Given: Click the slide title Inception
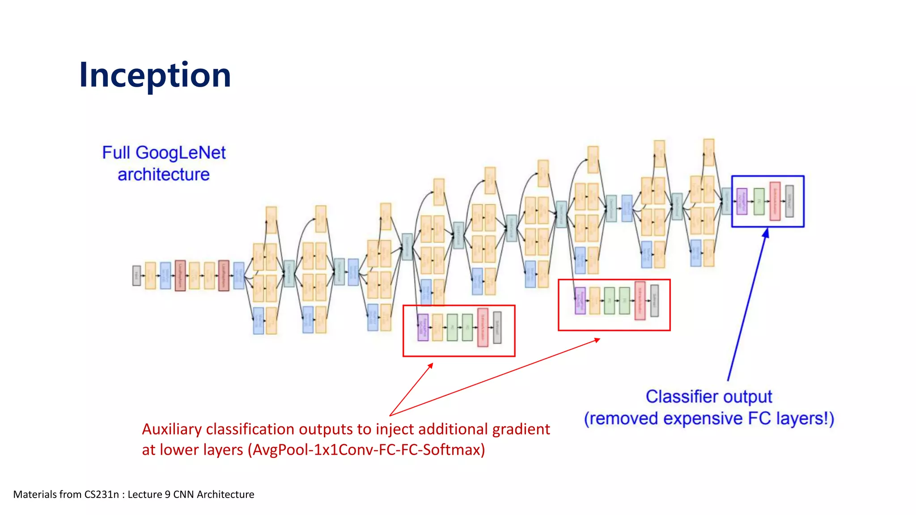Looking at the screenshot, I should pos(155,75).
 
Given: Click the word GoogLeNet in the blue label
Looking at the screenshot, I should pos(181,153).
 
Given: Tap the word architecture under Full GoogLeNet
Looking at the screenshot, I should pos(164,175).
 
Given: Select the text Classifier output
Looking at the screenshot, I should pos(708,397).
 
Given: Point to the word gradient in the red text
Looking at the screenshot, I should pos(521,429).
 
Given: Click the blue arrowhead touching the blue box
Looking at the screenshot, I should pos(766,233).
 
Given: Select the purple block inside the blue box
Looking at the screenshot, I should pos(742,201).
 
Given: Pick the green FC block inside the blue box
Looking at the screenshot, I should pos(759,202).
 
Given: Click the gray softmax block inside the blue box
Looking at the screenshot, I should pos(789,202).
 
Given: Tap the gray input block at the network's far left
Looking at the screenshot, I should pos(136,275).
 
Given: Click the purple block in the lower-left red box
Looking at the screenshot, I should pos(423,328).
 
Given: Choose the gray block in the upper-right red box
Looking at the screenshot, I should pos(654,301).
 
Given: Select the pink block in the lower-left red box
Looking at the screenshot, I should pos(483,328).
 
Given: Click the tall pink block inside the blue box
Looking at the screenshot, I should pos(775,201).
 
